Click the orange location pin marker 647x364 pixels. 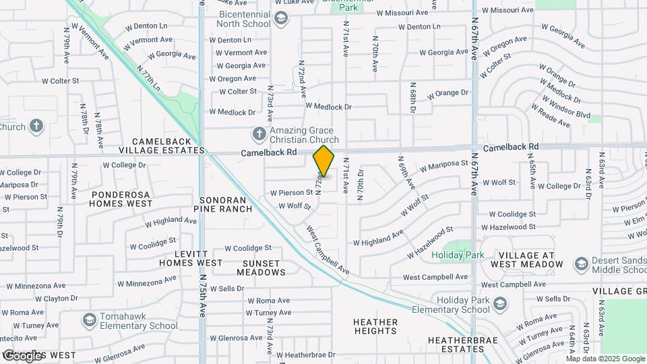(323, 160)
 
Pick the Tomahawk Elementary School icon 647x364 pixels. (88, 320)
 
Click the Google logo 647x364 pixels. (23, 355)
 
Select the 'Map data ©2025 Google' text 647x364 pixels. (605, 359)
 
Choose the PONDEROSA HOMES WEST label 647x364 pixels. (121, 198)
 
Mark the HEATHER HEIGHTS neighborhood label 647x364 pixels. (375, 326)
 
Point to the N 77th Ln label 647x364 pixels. (148, 78)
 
